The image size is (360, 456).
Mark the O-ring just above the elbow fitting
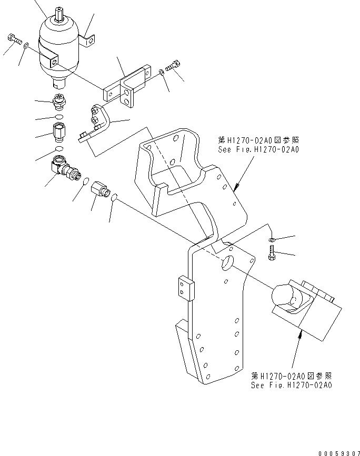(x=59, y=149)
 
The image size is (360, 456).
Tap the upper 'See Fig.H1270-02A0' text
(x=258, y=149)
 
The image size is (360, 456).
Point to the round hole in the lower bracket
(x=227, y=263)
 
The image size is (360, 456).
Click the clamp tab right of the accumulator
(x=91, y=39)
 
